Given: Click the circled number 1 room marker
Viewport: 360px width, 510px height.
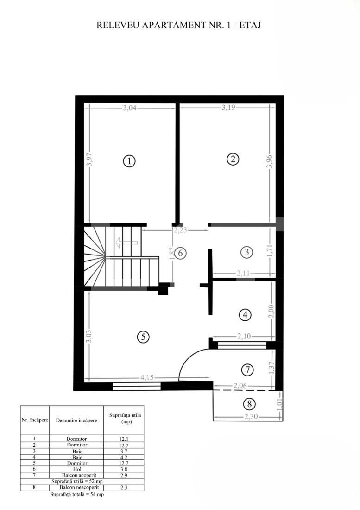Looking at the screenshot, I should point(129,161).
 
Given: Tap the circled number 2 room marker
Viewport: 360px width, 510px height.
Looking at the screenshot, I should point(233,159).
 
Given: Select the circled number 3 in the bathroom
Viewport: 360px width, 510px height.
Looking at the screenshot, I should point(247,252).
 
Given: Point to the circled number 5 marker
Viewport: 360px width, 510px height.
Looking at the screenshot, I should point(144,337).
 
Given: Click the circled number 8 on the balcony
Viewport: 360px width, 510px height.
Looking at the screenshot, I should point(249,404).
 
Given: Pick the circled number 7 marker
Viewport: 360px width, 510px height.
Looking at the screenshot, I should point(248,370).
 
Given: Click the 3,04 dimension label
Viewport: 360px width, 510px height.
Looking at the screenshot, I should point(130,108).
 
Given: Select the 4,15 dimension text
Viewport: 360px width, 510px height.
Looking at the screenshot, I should point(146,377).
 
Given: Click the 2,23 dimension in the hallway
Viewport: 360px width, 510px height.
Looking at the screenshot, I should point(181,229).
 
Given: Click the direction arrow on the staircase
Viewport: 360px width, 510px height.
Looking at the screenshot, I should point(126,242).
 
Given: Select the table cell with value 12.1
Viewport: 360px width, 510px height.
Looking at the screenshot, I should point(124,439).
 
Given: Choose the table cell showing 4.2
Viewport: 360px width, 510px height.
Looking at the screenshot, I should point(124,457).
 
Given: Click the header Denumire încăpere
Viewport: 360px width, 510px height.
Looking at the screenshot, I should point(76,421).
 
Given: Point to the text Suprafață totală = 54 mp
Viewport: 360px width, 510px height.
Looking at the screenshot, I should point(77,495).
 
